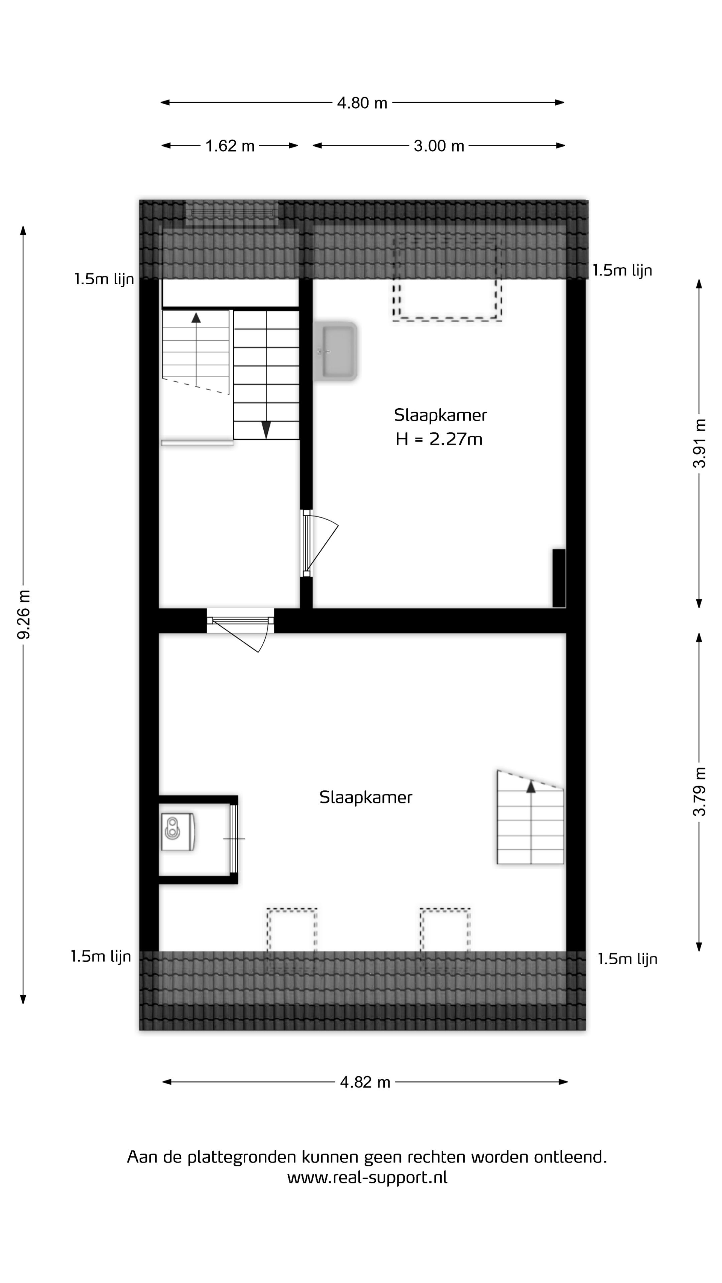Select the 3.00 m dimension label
[x=439, y=146]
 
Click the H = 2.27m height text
[x=439, y=439]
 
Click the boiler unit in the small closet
[x=177, y=832]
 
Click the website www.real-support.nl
[x=367, y=1178]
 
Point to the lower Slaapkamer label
[x=366, y=798]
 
